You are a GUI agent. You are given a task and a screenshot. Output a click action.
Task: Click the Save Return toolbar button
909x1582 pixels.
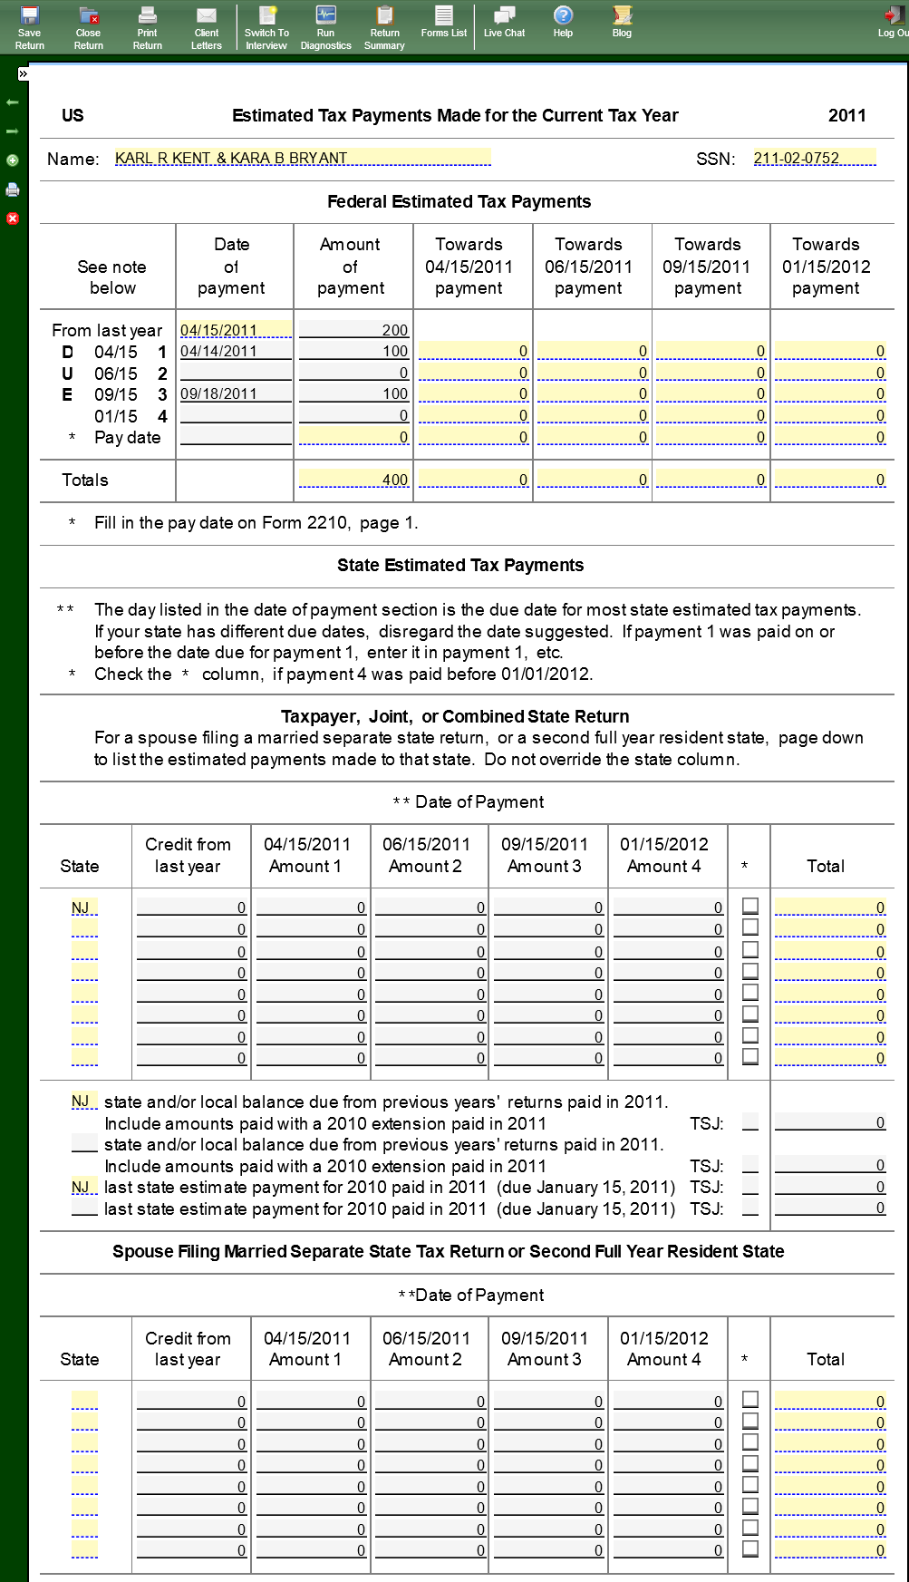coord(29,27)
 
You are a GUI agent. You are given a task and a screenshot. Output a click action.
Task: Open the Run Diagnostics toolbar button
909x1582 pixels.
coord(325,27)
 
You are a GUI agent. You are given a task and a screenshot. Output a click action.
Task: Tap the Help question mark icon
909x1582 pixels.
coord(563,16)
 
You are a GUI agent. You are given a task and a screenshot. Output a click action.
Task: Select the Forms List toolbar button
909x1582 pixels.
coord(443,22)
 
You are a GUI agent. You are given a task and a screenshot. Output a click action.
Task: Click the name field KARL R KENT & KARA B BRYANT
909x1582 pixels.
coord(302,158)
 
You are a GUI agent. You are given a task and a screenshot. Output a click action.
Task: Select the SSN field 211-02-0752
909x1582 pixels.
coord(814,158)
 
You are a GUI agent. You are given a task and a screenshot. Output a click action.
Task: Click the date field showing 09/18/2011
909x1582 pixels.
coord(236,393)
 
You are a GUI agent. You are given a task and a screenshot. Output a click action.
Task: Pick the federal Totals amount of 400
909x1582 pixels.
coord(353,480)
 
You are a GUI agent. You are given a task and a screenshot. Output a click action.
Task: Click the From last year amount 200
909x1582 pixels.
coord(353,330)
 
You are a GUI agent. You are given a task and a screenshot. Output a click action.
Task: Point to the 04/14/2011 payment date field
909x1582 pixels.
coord(236,351)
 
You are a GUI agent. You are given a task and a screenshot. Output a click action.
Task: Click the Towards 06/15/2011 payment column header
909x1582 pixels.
coord(588,266)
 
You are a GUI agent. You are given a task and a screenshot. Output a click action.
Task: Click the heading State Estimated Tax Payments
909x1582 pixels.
coord(460,565)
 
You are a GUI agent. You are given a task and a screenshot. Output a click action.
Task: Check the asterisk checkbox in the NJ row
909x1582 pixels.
coord(750,906)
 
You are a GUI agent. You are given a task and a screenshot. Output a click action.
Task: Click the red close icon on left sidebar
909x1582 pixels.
coord(13,218)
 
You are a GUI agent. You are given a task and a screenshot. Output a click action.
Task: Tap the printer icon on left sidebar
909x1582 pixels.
coord(13,189)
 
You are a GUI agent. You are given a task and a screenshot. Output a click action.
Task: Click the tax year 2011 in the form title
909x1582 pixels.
coord(846,115)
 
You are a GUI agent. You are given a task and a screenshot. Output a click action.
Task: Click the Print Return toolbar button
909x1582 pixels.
coord(147,27)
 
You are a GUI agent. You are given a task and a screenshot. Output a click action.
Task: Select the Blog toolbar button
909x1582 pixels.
coord(622,22)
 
